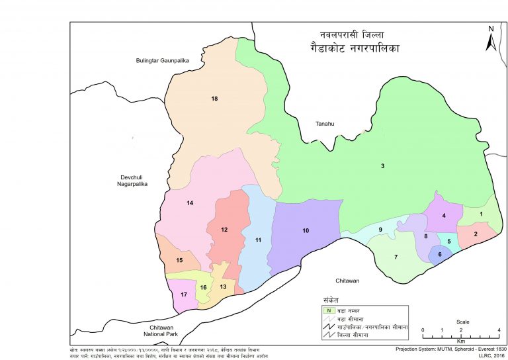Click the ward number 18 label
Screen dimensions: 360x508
pos(214,99)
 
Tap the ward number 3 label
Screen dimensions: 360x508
pos(382,165)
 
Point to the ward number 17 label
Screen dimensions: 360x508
pos(184,294)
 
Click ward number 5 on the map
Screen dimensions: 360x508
pos(449,242)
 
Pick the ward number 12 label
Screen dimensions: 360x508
pos(224,230)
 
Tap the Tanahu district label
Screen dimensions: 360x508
pos(325,123)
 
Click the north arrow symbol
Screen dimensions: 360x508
pos(490,39)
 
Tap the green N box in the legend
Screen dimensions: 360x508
pos(326,310)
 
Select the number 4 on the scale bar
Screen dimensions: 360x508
pos(498,330)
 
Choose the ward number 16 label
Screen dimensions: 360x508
pos(204,287)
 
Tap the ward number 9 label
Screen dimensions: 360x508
pos(380,230)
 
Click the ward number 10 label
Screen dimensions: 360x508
pos(306,230)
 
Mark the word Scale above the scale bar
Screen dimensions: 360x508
pos(462,322)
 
